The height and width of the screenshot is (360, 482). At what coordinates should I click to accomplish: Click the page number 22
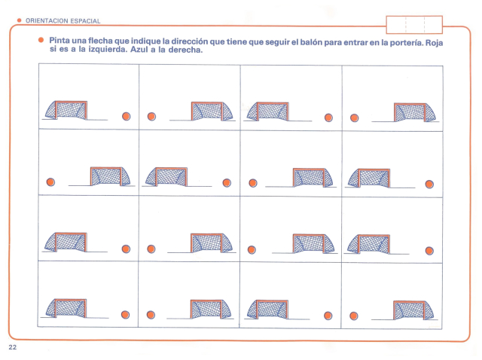[13, 347]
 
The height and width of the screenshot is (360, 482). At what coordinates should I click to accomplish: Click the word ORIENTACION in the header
[47, 21]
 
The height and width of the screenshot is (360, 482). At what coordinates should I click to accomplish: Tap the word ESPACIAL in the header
[85, 21]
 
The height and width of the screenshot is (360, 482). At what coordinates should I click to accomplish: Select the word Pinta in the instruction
[59, 40]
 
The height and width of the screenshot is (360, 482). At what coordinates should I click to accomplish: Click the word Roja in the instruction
[434, 42]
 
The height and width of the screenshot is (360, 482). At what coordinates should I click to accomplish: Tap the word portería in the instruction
[407, 42]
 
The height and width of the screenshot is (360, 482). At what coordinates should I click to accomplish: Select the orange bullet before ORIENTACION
[20, 20]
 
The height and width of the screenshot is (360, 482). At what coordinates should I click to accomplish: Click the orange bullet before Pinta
[41, 40]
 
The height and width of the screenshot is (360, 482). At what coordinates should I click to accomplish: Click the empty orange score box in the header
[414, 25]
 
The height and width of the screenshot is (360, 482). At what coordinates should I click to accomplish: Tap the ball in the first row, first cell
[127, 116]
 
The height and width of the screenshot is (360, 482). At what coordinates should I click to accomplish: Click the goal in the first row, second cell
[212, 111]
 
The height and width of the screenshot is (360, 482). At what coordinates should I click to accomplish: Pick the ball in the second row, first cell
[50, 182]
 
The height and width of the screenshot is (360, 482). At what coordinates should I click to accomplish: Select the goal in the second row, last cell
[368, 178]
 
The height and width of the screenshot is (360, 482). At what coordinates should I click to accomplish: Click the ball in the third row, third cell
[252, 249]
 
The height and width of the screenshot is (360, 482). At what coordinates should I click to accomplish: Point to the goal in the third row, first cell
[66, 242]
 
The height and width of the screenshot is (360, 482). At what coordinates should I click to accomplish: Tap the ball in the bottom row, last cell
[354, 316]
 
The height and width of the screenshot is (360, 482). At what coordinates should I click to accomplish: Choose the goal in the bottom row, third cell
[267, 310]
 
